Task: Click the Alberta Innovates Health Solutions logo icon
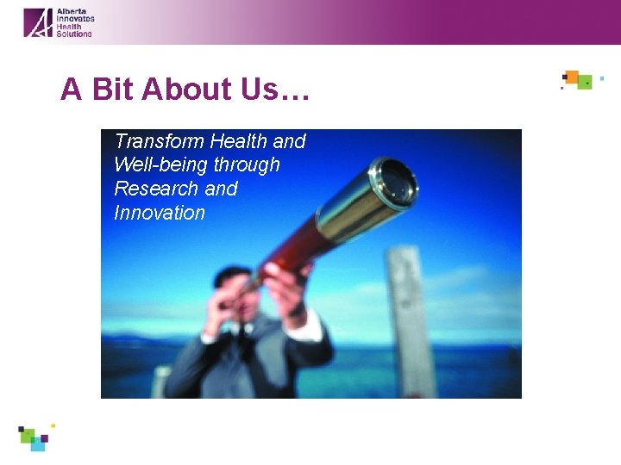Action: tap(38, 22)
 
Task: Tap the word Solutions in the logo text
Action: tap(74, 34)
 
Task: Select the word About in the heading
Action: tap(185, 89)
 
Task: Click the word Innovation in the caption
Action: tap(160, 213)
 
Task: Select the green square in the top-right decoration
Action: tap(585, 83)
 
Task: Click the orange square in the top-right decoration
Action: tap(571, 76)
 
